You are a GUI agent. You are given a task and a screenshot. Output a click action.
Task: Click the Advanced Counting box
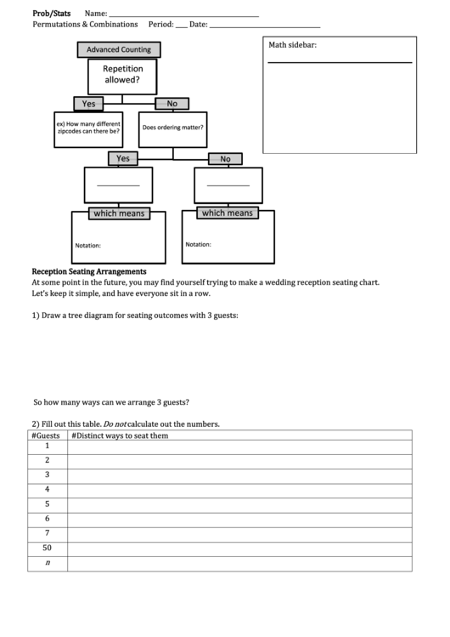tap(119, 50)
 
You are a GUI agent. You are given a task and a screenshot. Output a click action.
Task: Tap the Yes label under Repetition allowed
tap(88, 104)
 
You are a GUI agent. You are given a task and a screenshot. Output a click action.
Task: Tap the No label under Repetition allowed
tap(172, 104)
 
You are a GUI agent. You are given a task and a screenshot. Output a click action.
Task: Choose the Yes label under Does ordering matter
tap(122, 158)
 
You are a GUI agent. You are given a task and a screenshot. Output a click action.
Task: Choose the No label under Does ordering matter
tap(225, 159)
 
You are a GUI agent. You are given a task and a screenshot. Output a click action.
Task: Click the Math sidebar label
tap(293, 45)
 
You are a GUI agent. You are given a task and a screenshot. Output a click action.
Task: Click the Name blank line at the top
tap(184, 14)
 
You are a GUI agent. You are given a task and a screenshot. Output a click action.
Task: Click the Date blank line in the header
tap(264, 26)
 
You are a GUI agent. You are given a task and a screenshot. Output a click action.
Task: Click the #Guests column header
tap(48, 435)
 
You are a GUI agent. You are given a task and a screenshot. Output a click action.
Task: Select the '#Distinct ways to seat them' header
tap(120, 435)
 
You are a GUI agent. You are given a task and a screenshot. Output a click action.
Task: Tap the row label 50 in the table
tap(48, 548)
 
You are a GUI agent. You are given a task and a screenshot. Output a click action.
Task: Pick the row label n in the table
tap(48, 562)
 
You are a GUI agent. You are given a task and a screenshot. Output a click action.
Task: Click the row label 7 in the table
tap(48, 533)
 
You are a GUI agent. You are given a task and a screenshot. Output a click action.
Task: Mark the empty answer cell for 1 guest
tap(239, 446)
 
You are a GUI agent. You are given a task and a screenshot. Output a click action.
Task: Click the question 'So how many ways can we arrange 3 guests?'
tap(110, 402)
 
